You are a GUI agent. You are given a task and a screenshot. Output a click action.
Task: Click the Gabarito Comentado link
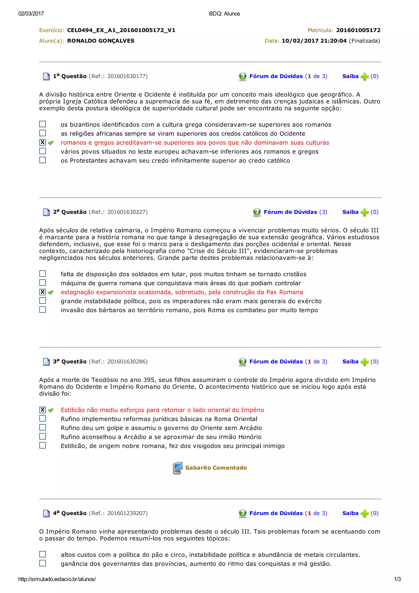click(216, 468)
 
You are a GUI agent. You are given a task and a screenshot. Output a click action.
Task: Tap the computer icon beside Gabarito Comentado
click(177, 468)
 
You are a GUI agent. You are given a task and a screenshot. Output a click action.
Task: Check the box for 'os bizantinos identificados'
click(43, 124)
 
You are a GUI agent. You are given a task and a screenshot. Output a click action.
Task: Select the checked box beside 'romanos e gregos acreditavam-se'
click(43, 142)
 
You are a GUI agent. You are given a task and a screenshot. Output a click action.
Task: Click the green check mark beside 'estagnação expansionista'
click(51, 292)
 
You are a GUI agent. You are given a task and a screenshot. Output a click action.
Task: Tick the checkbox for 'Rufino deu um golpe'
click(43, 427)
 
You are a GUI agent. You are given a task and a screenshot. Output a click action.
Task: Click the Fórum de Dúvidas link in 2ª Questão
click(290, 212)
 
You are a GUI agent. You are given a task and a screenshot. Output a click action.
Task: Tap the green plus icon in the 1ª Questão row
click(364, 77)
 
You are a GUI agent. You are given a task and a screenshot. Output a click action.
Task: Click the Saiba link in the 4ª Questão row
click(350, 513)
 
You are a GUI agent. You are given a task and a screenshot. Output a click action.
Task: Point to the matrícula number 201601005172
click(358, 30)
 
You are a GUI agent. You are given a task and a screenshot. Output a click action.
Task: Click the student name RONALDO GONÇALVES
click(101, 41)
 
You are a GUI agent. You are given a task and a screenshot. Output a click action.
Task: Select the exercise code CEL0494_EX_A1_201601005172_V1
click(121, 30)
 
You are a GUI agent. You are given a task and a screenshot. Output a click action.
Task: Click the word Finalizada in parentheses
click(364, 41)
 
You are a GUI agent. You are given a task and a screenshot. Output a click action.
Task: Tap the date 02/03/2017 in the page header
click(31, 14)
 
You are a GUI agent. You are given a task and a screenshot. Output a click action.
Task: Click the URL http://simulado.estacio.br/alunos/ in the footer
click(57, 579)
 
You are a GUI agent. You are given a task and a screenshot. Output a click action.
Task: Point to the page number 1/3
click(397, 579)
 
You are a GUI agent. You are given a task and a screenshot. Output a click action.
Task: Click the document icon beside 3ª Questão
click(46, 362)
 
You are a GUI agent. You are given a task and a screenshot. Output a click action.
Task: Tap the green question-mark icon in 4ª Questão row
click(242, 513)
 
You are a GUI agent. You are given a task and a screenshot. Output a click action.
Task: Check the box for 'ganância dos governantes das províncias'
click(43, 563)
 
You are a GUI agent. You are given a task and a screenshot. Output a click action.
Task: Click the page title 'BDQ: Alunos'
click(224, 14)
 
